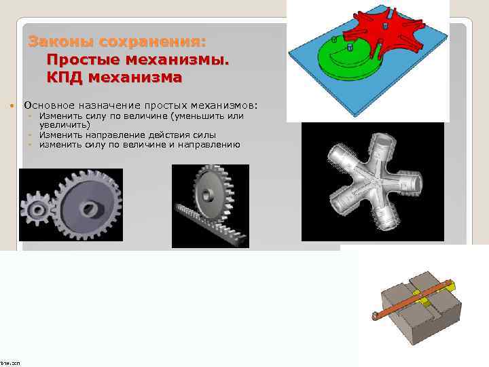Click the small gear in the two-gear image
(x=35, y=204)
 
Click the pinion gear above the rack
(x=211, y=190)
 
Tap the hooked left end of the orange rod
(x=376, y=313)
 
